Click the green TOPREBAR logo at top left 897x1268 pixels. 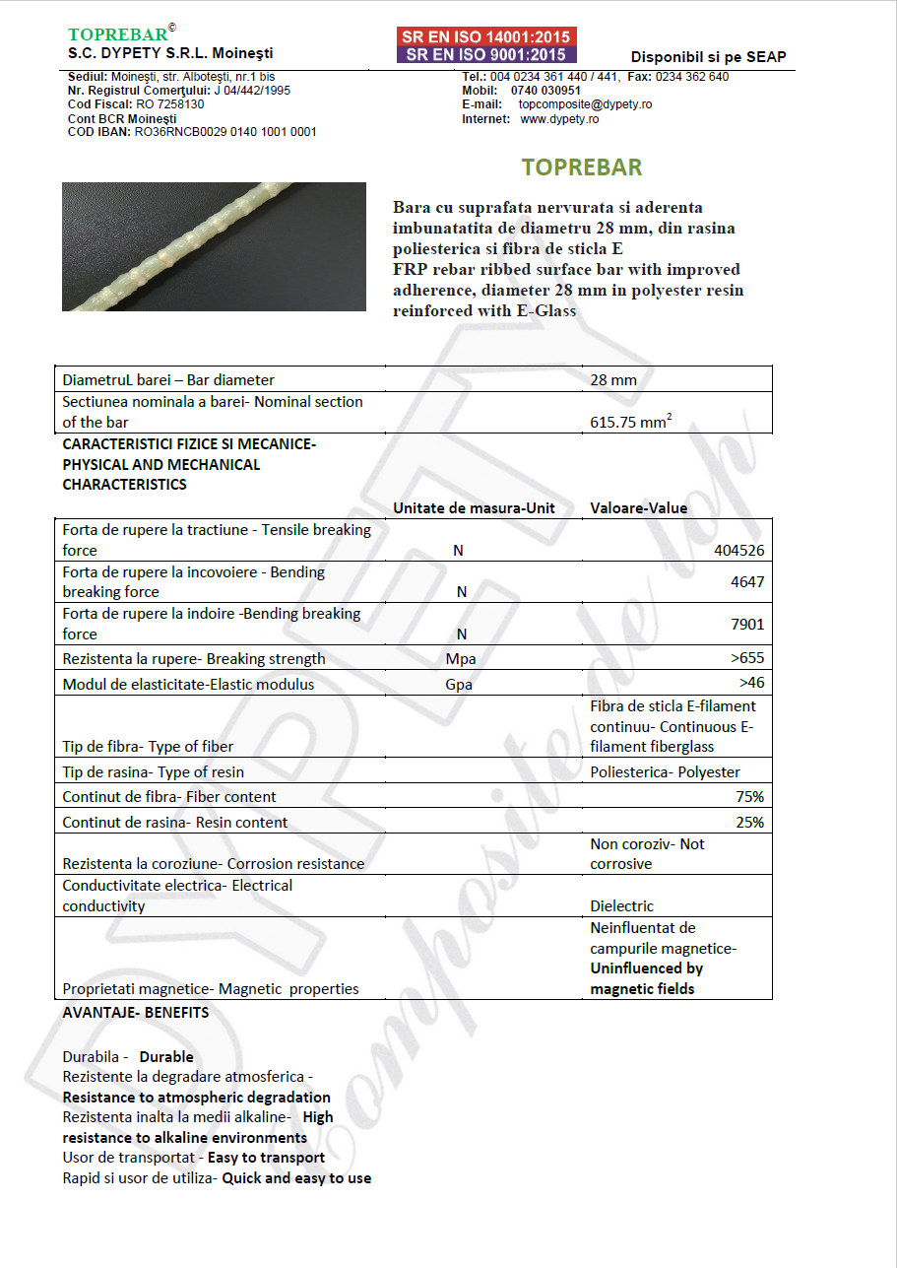[118, 35]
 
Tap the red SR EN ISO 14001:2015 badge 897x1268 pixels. [486, 37]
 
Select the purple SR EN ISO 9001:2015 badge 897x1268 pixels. [486, 55]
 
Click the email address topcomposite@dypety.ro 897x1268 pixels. [585, 104]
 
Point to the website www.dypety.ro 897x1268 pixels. [558, 119]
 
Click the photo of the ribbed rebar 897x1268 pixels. [214, 246]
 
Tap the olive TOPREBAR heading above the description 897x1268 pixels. [582, 167]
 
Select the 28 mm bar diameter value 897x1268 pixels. [612, 380]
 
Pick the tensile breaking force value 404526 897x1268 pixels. [738, 551]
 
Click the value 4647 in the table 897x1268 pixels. [747, 582]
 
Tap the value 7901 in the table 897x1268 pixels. [747, 625]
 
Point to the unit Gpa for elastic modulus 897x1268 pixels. [459, 685]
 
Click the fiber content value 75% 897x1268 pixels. [749, 796]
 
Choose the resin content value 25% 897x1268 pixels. [749, 823]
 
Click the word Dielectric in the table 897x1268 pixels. [621, 906]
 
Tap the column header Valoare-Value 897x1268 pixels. [638, 508]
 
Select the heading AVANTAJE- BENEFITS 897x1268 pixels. [135, 1013]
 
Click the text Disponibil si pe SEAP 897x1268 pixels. [708, 57]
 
